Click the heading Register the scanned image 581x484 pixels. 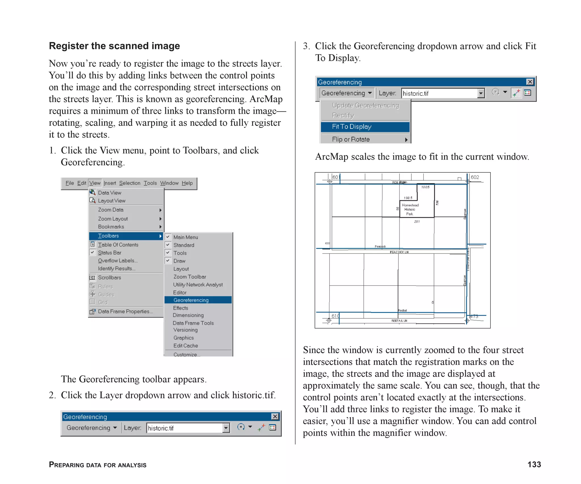tap(114, 46)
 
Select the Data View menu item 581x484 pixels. tap(110, 193)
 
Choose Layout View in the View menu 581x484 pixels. tap(111, 201)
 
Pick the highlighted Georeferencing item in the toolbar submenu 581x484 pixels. tap(191, 300)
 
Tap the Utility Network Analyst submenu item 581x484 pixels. tap(198, 285)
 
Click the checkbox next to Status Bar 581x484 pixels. tap(92, 252)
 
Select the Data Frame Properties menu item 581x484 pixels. tap(125, 311)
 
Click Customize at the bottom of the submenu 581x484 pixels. tap(187, 354)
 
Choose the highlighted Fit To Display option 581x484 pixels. tap(351, 127)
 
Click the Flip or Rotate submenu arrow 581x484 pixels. tap(406, 140)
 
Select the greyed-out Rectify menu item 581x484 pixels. tap(343, 115)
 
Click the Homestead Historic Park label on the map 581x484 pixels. tap(410, 210)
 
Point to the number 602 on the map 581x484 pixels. tap(475, 177)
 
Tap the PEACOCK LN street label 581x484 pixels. tap(399, 252)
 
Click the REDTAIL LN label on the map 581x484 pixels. tap(399, 321)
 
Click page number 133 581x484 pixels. tap(534, 464)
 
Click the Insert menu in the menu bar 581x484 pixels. tap(110, 183)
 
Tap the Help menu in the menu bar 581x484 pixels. tap(187, 183)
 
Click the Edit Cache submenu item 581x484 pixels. tap(186, 346)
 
